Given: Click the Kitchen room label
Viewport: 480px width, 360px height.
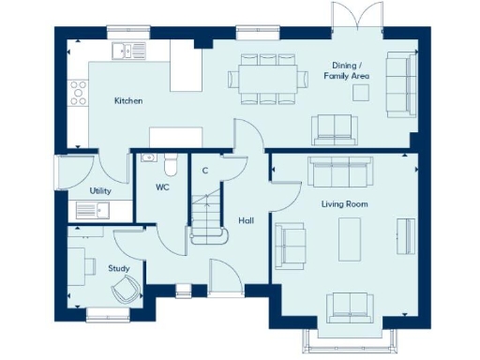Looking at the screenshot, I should point(128,100).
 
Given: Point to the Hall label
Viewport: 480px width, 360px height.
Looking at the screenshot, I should point(246,220).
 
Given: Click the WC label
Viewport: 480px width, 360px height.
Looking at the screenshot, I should point(161,187).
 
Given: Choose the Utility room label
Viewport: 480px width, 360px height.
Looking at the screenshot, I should point(100,190).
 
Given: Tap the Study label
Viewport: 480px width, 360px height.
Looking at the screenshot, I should point(118,268).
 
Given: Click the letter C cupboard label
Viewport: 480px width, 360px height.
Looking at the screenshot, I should point(204,171).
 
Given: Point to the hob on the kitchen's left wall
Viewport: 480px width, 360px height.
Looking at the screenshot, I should point(76,92).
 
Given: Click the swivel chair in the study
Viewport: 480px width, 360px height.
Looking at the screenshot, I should point(122,292).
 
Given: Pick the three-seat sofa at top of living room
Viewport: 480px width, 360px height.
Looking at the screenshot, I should point(341,172).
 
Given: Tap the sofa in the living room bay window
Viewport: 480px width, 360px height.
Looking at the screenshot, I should point(346,305).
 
